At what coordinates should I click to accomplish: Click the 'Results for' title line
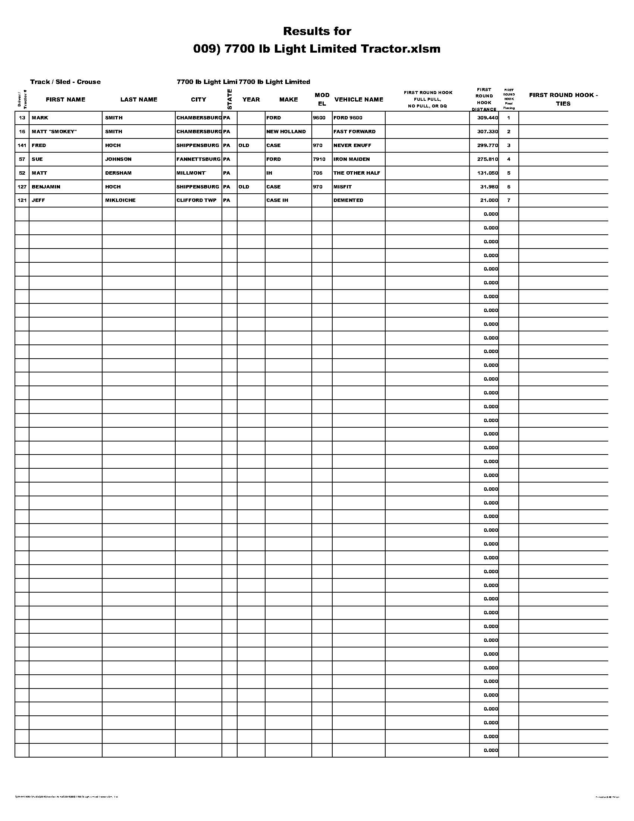click(x=317, y=31)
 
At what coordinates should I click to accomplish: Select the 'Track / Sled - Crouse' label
click(x=65, y=82)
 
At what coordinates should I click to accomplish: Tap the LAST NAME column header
click(x=139, y=100)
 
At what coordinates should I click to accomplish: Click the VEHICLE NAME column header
click(x=359, y=100)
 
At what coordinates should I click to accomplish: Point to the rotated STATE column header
click(x=229, y=99)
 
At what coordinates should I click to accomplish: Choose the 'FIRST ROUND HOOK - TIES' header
click(x=563, y=99)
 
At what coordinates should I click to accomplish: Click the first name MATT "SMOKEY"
click(x=54, y=132)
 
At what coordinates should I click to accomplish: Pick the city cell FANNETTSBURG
click(x=198, y=159)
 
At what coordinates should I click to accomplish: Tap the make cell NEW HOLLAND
click(x=286, y=132)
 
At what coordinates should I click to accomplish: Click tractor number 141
click(x=22, y=146)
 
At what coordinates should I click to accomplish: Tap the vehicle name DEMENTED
click(x=348, y=200)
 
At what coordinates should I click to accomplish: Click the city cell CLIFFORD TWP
click(x=197, y=200)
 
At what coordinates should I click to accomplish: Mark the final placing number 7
click(x=509, y=200)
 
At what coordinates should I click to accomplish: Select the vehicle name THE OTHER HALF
click(x=357, y=173)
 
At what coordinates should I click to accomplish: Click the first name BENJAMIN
click(x=46, y=187)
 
